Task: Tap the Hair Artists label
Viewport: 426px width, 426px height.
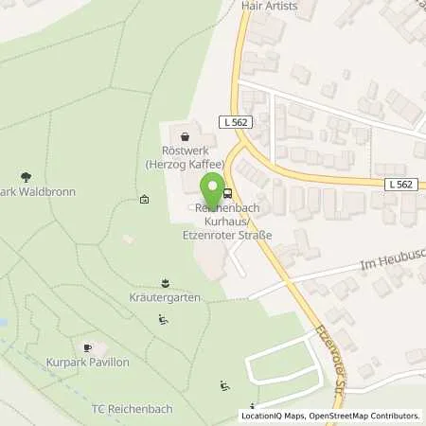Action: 269,6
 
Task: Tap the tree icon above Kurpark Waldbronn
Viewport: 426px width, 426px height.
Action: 26,176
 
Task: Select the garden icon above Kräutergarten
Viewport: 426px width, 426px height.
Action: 167,283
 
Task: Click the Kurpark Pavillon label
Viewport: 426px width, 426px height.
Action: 88,363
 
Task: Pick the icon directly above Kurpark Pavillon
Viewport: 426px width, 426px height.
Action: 89,347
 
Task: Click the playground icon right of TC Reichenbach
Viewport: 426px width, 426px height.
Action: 224,385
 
